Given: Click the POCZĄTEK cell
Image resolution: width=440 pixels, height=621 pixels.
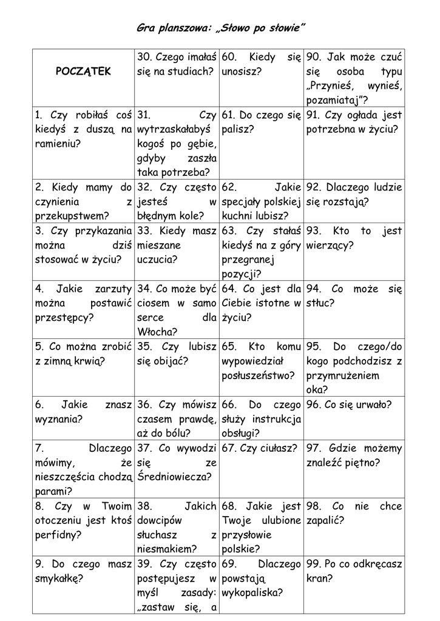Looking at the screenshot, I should point(84,72).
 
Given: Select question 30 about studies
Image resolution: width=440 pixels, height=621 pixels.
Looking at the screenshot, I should point(177,64).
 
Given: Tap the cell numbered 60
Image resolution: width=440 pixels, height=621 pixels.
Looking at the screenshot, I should point(261,64).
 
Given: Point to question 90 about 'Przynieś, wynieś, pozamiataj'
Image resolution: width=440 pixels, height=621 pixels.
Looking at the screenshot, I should point(354,78).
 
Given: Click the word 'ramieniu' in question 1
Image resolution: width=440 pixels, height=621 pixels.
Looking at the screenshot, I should point(58,144).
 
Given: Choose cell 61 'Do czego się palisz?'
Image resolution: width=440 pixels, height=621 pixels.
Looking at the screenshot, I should point(261,121).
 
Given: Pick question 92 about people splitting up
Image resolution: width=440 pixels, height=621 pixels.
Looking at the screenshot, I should point(354,194).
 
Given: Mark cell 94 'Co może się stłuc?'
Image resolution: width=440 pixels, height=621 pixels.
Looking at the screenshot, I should point(354,295).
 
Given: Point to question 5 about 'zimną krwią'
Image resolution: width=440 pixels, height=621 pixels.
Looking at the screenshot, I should point(84,354).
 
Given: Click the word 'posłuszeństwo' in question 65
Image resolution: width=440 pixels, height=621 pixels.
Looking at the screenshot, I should point(258,375).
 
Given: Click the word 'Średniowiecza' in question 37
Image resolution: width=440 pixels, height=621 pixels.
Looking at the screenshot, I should point(175,477).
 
